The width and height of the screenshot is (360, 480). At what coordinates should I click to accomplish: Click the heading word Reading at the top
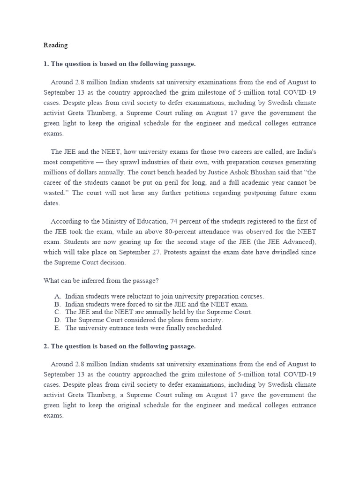click(55, 45)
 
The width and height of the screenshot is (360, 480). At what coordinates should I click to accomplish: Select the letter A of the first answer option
click(57, 297)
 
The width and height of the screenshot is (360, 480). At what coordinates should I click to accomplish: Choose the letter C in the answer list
click(57, 312)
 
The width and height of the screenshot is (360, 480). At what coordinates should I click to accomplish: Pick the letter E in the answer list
click(57, 328)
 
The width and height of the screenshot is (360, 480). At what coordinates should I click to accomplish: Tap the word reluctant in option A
click(137, 297)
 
